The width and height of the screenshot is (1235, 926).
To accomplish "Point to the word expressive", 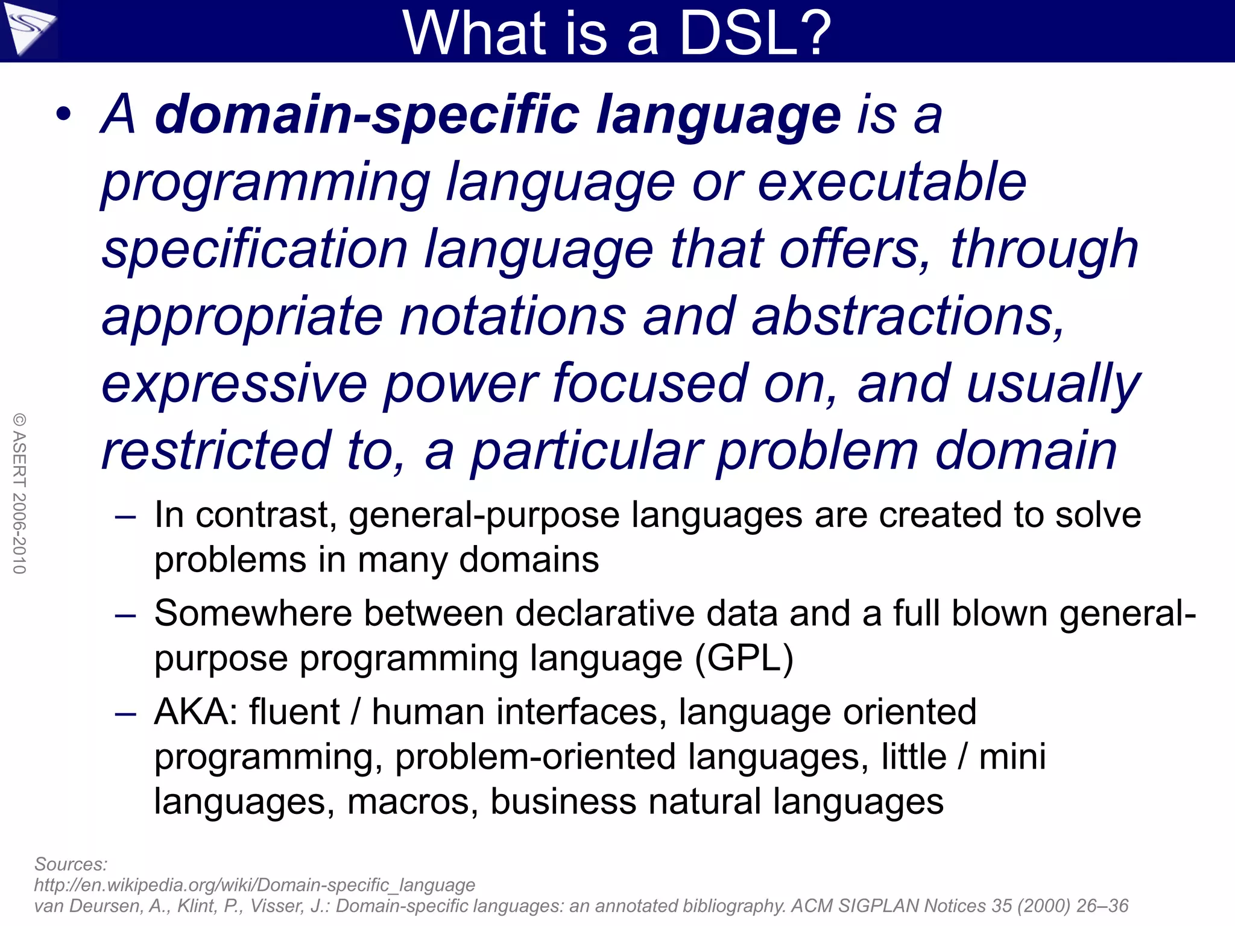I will pyautogui.click(x=235, y=383).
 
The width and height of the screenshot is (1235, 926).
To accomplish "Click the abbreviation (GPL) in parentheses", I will pyautogui.click(x=744, y=658).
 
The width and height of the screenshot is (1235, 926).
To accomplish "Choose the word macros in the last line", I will pyautogui.click(x=413, y=802).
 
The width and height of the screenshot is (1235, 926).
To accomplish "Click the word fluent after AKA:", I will pyautogui.click(x=295, y=712).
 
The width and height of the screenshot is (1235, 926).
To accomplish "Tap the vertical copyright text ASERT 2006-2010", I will pyautogui.click(x=19, y=493).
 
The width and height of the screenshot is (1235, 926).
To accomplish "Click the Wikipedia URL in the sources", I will pyautogui.click(x=254, y=885).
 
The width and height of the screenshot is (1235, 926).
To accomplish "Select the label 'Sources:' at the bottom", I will pyautogui.click(x=71, y=864).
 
